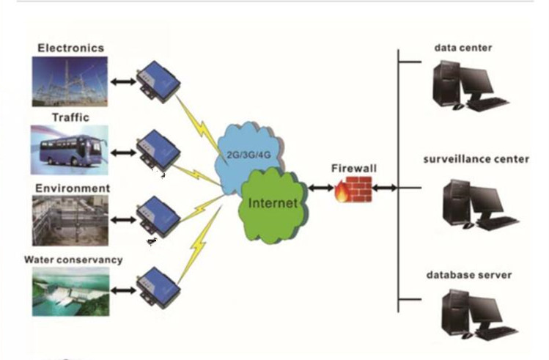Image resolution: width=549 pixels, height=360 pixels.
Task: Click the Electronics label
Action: (x=70, y=48)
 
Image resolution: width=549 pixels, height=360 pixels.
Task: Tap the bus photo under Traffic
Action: (x=70, y=149)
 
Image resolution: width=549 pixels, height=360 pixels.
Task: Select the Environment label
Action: (x=73, y=188)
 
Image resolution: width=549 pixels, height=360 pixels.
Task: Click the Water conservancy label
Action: (x=73, y=260)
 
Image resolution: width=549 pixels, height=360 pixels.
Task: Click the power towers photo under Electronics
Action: (x=70, y=81)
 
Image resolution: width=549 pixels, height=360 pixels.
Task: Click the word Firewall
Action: (x=353, y=169)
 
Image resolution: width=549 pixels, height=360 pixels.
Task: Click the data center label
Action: (x=463, y=48)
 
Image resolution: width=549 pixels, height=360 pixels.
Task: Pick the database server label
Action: (x=468, y=275)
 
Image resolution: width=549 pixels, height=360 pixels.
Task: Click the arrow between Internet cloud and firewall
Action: (x=320, y=189)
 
